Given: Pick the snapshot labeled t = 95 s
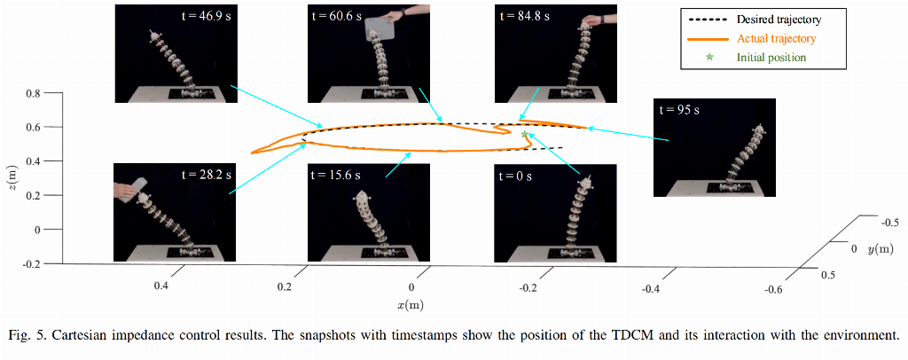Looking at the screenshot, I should point(714,146).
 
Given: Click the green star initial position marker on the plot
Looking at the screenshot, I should point(524,135).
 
